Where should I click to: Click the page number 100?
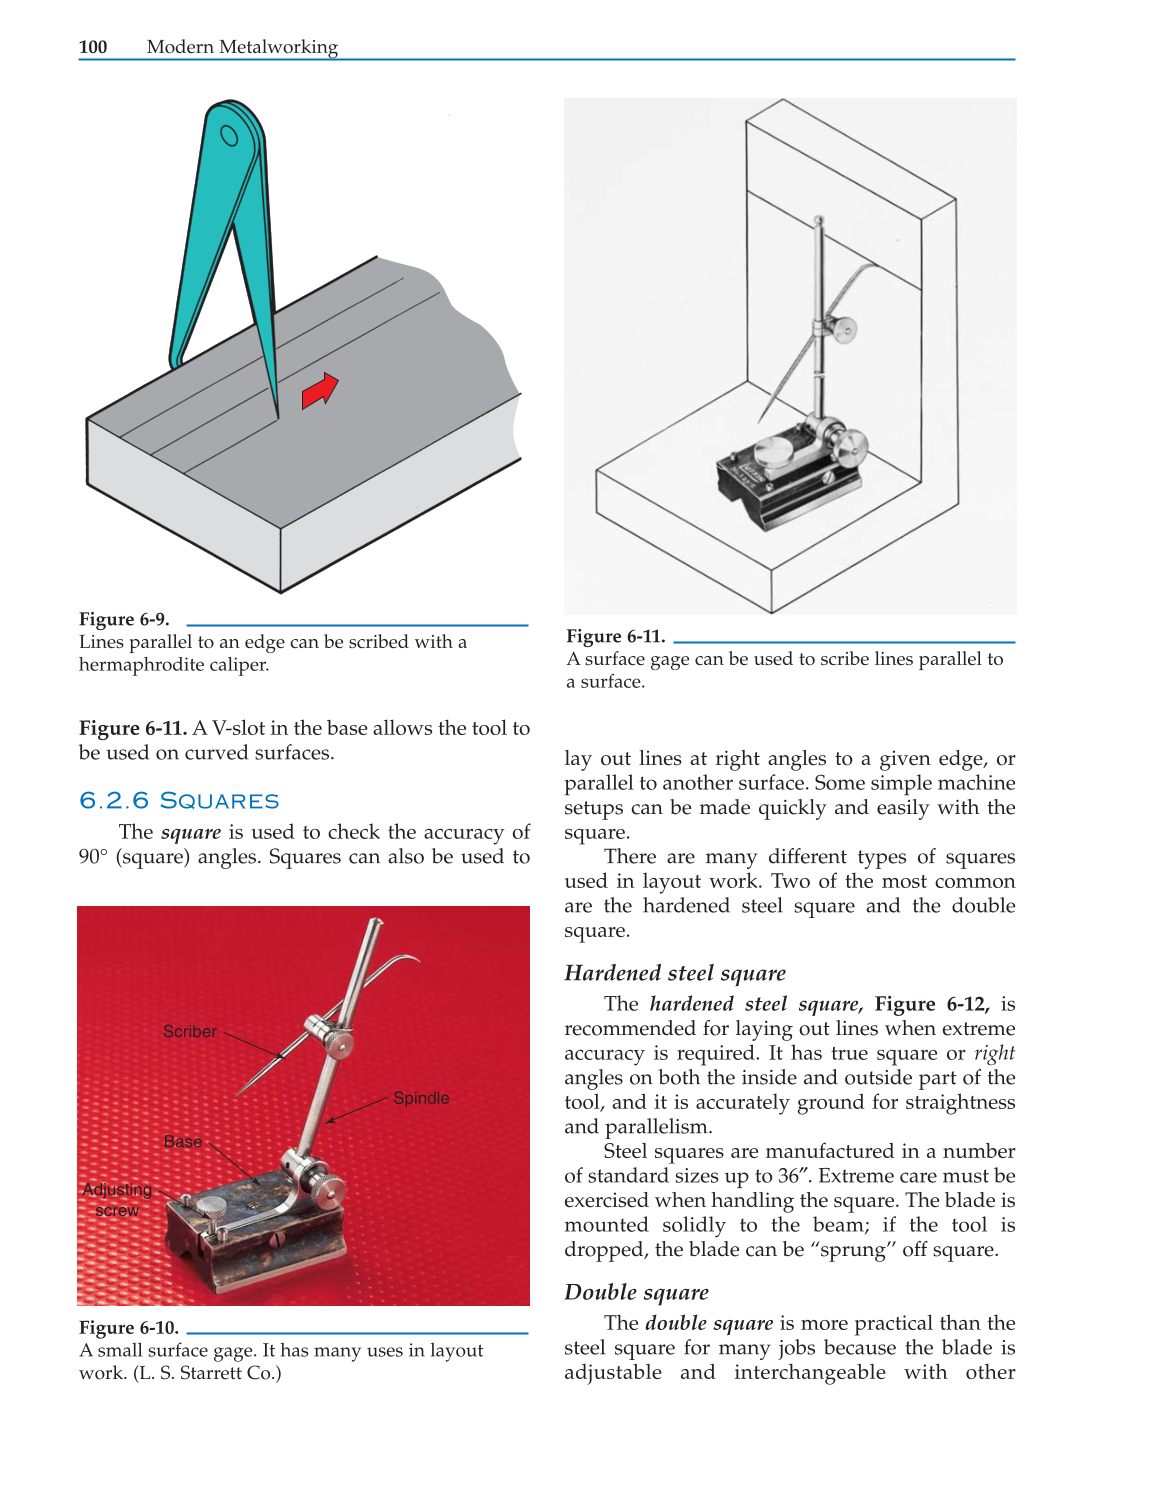tap(93, 47)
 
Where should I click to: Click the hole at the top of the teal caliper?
tap(229, 135)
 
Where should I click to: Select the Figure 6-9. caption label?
tap(124, 619)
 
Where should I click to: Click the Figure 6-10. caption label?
tap(128, 1327)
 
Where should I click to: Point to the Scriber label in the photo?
tap(189, 1031)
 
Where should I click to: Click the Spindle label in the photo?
tap(421, 1098)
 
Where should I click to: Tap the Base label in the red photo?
tap(183, 1142)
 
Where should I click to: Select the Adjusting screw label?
tap(117, 1199)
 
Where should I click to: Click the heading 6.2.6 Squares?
tap(179, 800)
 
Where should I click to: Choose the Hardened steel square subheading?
tap(675, 973)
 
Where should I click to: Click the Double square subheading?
tap(636, 1292)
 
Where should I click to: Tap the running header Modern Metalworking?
tap(242, 47)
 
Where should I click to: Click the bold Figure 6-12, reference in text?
tap(931, 1004)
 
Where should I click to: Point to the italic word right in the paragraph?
tap(994, 1053)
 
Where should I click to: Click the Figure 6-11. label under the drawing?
tap(615, 636)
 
